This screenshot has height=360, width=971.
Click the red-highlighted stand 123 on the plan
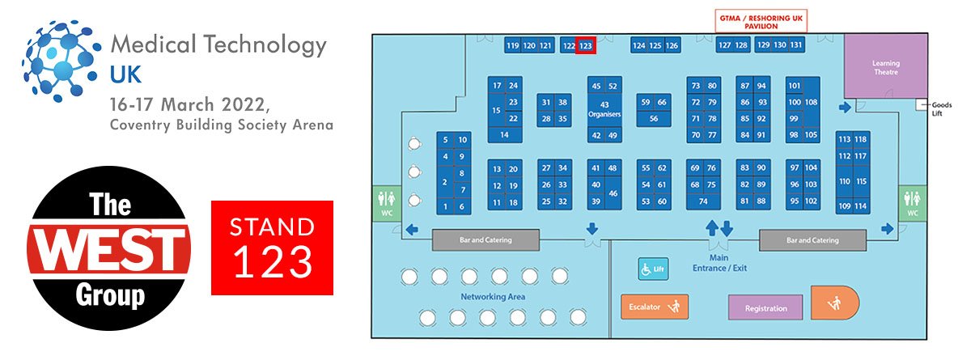[x=587, y=46]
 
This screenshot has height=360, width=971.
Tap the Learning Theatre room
[x=885, y=67]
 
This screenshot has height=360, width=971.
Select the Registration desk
[x=765, y=308]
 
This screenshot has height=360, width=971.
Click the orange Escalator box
[x=655, y=307]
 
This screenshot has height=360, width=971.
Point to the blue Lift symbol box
[x=654, y=269]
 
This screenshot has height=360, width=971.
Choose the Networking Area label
[x=494, y=297]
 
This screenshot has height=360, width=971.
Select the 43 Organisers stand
[x=604, y=110]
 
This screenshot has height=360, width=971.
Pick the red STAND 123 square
[x=272, y=248]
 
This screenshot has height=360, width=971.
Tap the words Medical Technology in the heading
[x=218, y=45]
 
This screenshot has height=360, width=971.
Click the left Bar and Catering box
[x=485, y=240]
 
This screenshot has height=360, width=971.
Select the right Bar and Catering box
[x=812, y=240]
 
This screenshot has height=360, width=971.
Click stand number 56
[x=654, y=118]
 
